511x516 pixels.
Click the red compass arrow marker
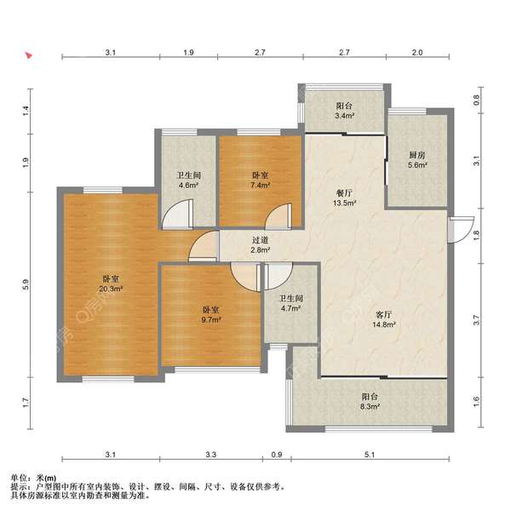pyautogui.click(x=29, y=55)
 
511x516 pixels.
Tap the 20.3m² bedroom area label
pyautogui.click(x=111, y=284)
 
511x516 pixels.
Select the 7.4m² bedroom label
pyautogui.click(x=260, y=180)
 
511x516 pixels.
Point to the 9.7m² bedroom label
pyautogui.click(x=211, y=314)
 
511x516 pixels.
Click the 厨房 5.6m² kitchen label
pyautogui.click(x=417, y=160)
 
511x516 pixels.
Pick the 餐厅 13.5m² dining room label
pyautogui.click(x=344, y=198)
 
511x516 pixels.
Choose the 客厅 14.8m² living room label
pyautogui.click(x=384, y=319)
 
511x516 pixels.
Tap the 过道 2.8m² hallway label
pyautogui.click(x=260, y=245)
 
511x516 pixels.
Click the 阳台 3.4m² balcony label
pyautogui.click(x=344, y=111)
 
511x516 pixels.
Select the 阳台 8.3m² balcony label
pyautogui.click(x=370, y=401)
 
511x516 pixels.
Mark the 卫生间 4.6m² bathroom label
pyautogui.click(x=189, y=180)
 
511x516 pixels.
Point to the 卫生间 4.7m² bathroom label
pyautogui.click(x=291, y=303)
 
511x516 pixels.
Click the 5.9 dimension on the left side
pyautogui.click(x=26, y=284)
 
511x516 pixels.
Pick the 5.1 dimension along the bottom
pyautogui.click(x=370, y=455)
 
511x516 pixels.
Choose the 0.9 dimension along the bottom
pyautogui.click(x=277, y=455)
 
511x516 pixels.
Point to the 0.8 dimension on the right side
pyautogui.click(x=476, y=100)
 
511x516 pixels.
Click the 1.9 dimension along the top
pyautogui.click(x=188, y=52)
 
